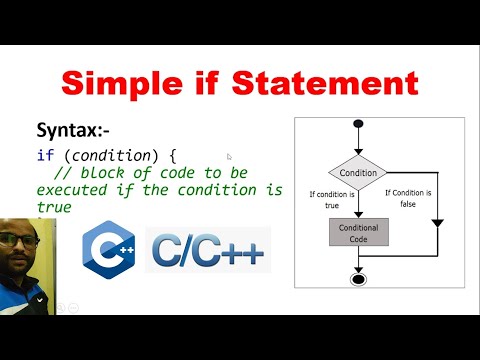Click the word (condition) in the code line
(x=111, y=156)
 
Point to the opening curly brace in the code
(x=173, y=156)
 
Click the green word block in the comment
(x=98, y=172)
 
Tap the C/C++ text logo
(x=207, y=251)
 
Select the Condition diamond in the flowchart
(x=358, y=172)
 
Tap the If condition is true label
(x=333, y=199)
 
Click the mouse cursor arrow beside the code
(x=229, y=157)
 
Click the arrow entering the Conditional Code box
(x=358, y=211)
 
